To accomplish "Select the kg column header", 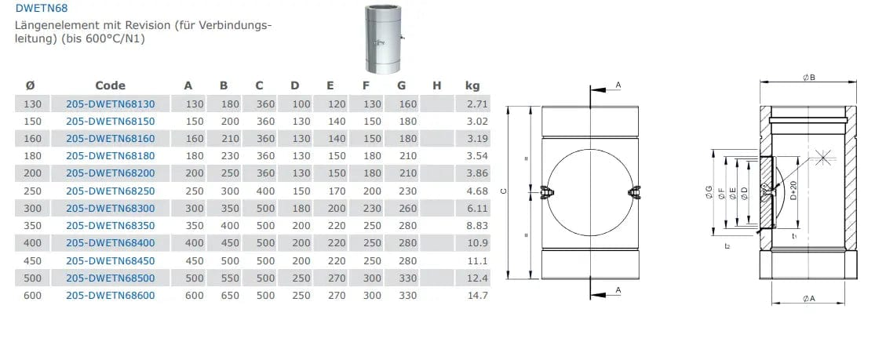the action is pyautogui.click(x=472, y=85).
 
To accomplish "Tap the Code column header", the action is pyautogui.click(x=111, y=85).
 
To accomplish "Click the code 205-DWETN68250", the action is pyautogui.click(x=111, y=191).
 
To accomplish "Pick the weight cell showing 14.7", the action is pyautogui.click(x=478, y=295).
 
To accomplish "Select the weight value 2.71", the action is pyautogui.click(x=478, y=104).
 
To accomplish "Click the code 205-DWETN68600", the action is pyautogui.click(x=111, y=295).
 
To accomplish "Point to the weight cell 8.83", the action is pyautogui.click(x=478, y=225).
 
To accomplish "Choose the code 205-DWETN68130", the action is pyautogui.click(x=111, y=104).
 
